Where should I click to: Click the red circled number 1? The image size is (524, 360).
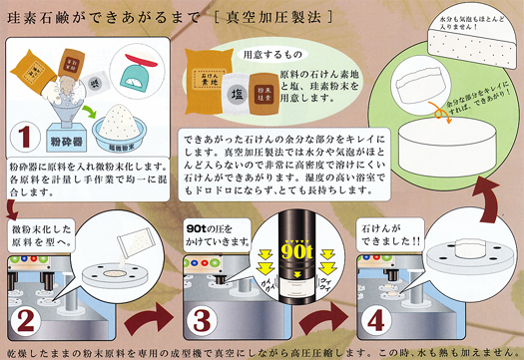coord(27,136)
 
